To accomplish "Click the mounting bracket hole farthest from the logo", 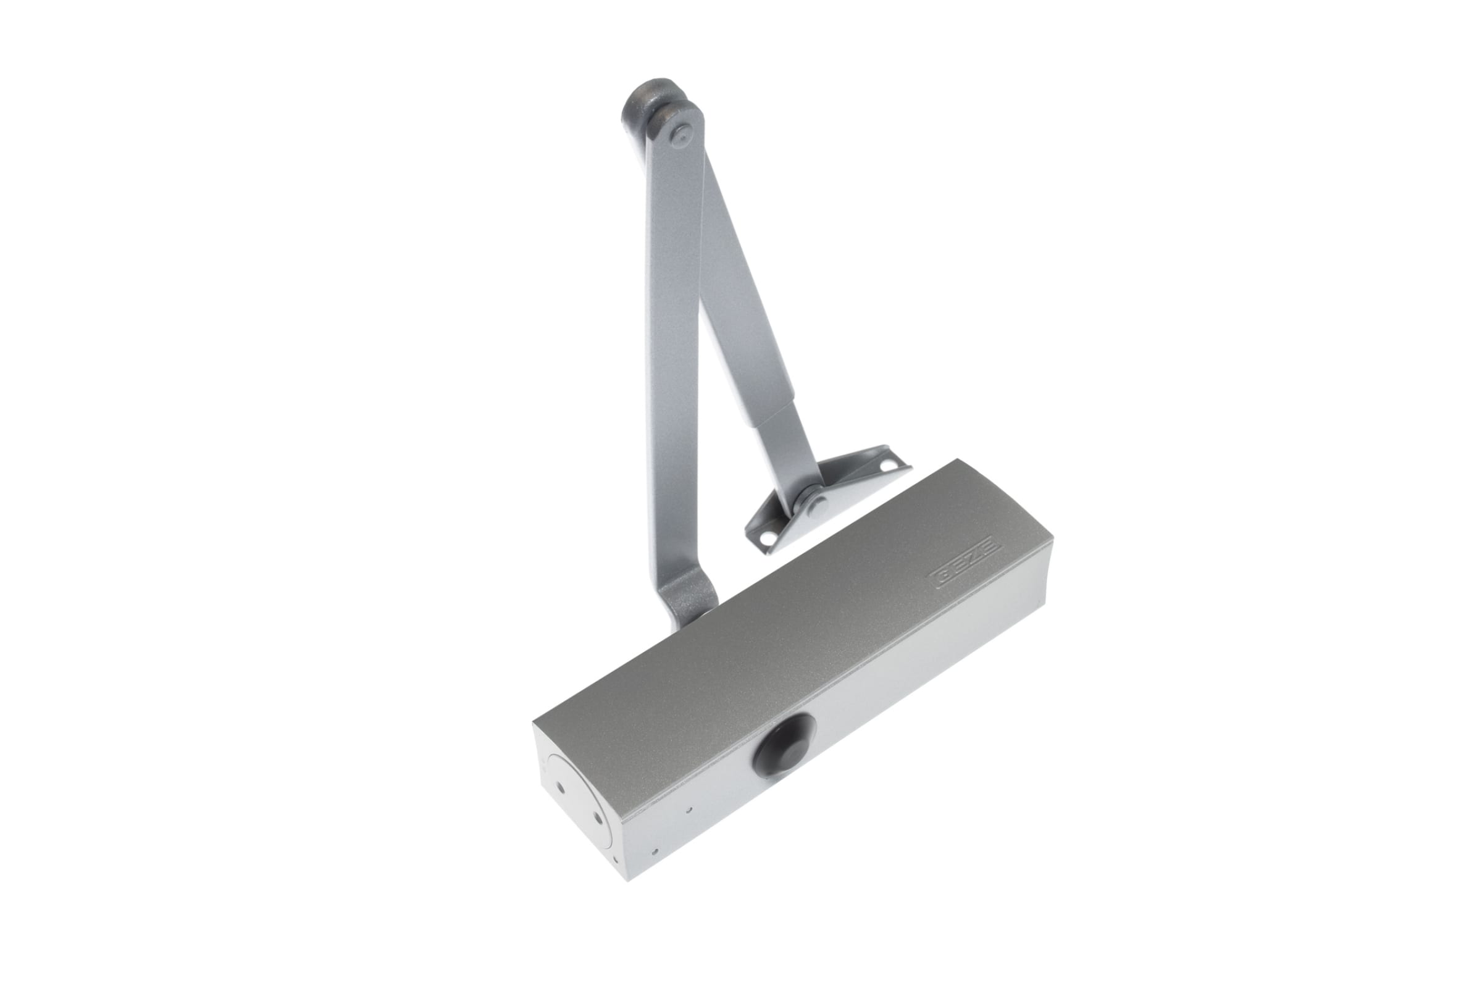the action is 890,467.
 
